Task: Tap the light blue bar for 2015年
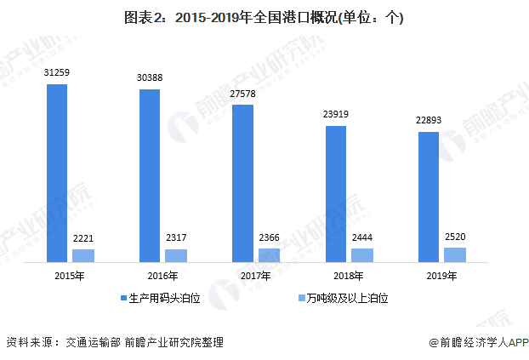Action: [83, 254]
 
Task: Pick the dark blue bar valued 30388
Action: [150, 175]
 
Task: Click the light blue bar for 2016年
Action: [176, 254]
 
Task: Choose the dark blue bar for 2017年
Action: [242, 183]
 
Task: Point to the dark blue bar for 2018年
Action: [336, 193]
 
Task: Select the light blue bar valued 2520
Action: [455, 254]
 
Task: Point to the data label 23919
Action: [336, 114]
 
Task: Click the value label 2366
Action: [270, 238]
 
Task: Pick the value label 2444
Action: [362, 237]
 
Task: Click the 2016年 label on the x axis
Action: [162, 276]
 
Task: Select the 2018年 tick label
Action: [349, 276]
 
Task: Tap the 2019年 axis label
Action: [441, 276]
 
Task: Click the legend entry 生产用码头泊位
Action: [165, 300]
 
